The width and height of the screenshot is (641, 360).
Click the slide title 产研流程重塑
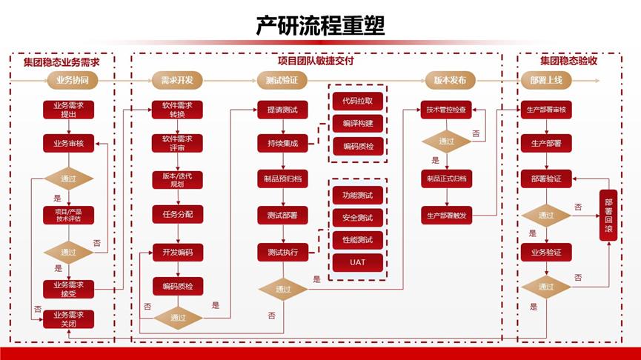pyautogui.click(x=320, y=27)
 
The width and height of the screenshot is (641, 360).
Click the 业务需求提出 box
pyautogui.click(x=68, y=110)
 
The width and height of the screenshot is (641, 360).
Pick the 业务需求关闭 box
pyautogui.click(x=68, y=319)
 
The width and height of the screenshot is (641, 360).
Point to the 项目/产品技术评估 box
pyautogui.click(x=68, y=215)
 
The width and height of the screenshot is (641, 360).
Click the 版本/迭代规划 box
pyautogui.click(x=177, y=179)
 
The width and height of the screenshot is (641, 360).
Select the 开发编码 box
pyautogui.click(x=177, y=252)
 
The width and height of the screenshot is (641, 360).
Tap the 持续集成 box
pyautogui.click(x=282, y=144)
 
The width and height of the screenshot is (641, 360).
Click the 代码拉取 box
pyautogui.click(x=358, y=100)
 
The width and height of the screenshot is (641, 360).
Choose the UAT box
pyautogui.click(x=358, y=262)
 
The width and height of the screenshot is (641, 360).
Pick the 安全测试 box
pyautogui.click(x=358, y=218)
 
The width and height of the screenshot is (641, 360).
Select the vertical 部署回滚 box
pyautogui.click(x=609, y=215)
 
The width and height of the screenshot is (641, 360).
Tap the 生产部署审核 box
pyautogui.click(x=545, y=110)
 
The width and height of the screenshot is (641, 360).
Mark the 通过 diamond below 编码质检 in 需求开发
pyautogui.click(x=178, y=318)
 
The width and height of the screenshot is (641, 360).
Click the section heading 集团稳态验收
pyautogui.click(x=568, y=61)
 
